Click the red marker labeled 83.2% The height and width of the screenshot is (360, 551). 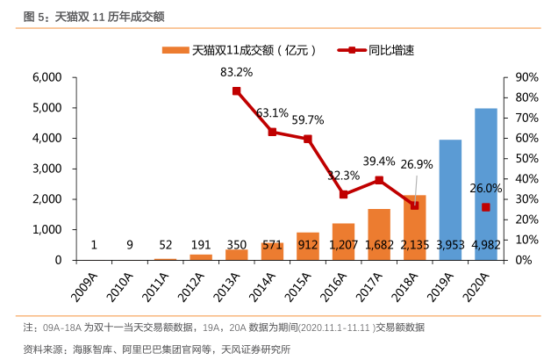(x=237, y=90)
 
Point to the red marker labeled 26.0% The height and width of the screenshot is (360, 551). (x=485, y=207)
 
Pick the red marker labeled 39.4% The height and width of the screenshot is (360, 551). (x=379, y=180)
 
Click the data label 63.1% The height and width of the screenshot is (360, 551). (x=272, y=113)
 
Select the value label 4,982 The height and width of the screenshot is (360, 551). (x=485, y=245)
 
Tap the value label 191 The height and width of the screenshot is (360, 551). (x=201, y=245)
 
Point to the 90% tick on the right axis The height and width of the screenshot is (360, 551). (x=525, y=77)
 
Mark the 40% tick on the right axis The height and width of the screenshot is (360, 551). (x=525, y=178)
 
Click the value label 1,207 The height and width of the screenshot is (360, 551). (x=343, y=245)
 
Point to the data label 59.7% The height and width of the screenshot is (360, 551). (x=308, y=120)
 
